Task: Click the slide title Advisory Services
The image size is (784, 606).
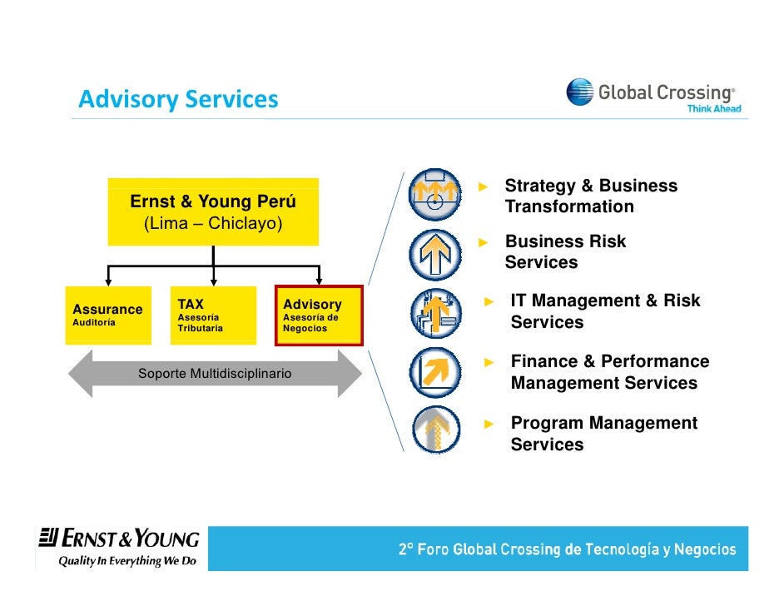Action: click(178, 100)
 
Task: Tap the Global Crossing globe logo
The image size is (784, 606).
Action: click(580, 92)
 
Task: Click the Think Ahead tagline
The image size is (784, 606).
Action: click(713, 108)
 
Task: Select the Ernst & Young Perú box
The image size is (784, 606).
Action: click(213, 212)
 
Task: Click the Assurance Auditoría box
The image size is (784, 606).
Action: click(108, 315)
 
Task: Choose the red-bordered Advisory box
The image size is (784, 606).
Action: click(319, 315)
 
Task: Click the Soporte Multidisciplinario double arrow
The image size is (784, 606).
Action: click(215, 374)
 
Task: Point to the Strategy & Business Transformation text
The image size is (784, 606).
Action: click(591, 196)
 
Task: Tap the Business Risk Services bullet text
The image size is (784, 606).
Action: click(565, 252)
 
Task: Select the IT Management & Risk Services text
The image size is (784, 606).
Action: click(605, 311)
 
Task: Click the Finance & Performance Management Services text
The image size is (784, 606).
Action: click(609, 372)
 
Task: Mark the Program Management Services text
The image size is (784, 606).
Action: click(603, 434)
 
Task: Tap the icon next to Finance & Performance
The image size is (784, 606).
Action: click(434, 372)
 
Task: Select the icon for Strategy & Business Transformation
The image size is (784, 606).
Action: click(434, 196)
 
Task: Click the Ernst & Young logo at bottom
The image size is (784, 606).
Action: click(119, 539)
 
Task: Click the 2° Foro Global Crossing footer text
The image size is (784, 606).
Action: click(567, 549)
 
